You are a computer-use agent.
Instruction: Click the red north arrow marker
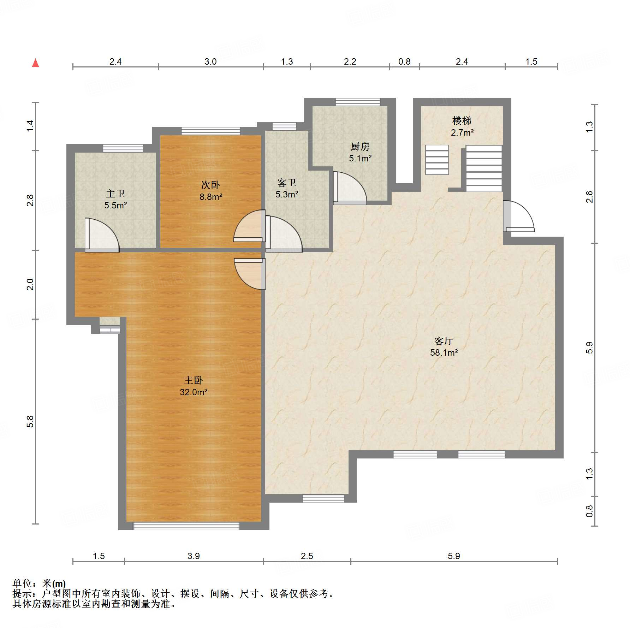35,63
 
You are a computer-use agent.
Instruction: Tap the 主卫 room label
115,194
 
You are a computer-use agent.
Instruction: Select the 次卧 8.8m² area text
211,197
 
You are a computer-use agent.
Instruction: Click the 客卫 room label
286,183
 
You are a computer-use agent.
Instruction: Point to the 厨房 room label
360,146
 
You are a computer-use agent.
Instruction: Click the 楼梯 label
462,121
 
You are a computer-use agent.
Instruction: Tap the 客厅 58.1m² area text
444,352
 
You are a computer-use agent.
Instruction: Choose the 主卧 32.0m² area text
194,392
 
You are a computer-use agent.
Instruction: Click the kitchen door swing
350,188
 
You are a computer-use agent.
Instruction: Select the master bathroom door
102,235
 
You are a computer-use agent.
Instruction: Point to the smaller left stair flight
437,160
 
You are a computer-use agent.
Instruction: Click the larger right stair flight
484,168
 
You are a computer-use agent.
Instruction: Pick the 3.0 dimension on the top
210,61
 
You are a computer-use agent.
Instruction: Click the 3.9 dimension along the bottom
194,556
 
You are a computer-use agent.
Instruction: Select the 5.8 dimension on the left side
30,421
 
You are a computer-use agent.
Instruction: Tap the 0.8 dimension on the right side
589,511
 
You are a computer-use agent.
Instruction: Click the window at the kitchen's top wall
358,102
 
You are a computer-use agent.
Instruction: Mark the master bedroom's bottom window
186,526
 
